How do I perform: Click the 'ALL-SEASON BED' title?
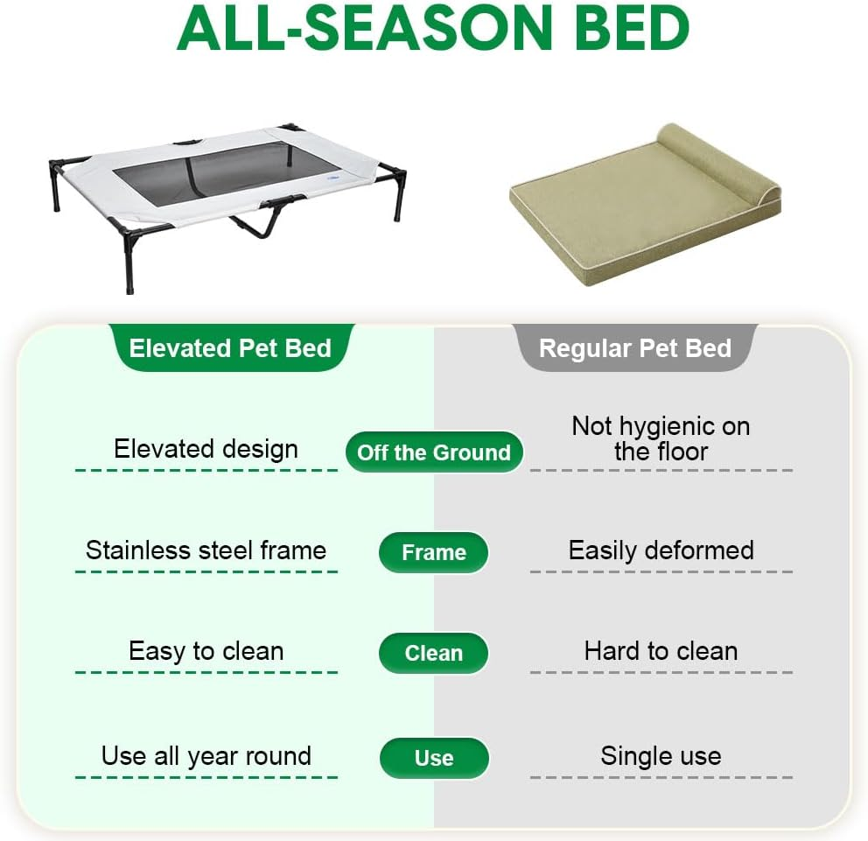tap(433, 30)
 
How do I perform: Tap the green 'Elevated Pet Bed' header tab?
tap(230, 348)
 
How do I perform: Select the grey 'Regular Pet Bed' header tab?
tap(634, 348)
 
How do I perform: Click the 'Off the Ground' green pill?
tap(434, 452)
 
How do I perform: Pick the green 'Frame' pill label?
tap(433, 553)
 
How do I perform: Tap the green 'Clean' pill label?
tap(433, 654)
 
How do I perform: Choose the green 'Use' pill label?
tap(433, 758)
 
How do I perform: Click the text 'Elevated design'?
tap(206, 449)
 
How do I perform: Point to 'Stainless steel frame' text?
tap(206, 550)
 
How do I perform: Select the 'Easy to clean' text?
tap(206, 651)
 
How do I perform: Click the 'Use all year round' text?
tap(206, 756)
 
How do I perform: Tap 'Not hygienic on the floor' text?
tap(661, 438)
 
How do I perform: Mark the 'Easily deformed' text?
tap(661, 550)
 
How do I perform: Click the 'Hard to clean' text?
tap(661, 651)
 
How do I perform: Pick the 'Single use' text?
tap(661, 756)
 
